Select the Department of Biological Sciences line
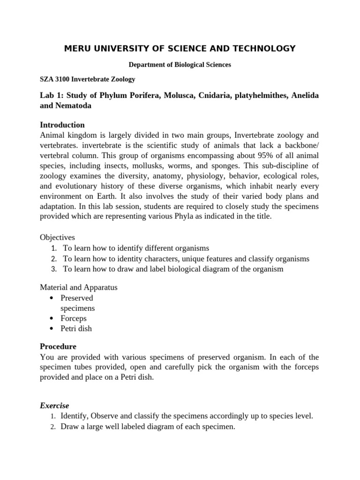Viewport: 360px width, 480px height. (x=180, y=65)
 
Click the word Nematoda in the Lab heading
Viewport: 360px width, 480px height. (x=73, y=106)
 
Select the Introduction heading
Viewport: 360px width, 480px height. (x=62, y=125)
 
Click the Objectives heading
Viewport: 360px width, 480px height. (x=57, y=238)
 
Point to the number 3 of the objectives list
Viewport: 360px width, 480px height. (x=54, y=269)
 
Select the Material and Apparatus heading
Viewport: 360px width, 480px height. (x=79, y=287)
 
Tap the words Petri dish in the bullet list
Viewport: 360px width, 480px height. (x=76, y=329)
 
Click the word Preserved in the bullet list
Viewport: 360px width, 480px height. (x=77, y=298)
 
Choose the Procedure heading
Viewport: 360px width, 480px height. (x=58, y=346)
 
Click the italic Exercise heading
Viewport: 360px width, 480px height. (x=54, y=405)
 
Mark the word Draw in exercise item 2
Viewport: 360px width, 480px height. (x=69, y=427)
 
